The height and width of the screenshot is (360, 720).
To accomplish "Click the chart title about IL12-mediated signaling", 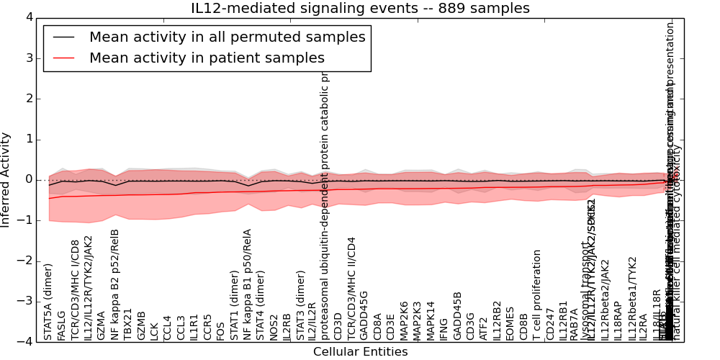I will tap(360, 9).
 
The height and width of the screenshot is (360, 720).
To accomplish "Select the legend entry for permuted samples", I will tap(227, 37).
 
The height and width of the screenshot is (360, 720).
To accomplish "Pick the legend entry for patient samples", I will tap(207, 58).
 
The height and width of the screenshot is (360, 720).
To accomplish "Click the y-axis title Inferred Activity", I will tap(6, 179).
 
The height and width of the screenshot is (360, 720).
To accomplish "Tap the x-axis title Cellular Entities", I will tap(360, 352).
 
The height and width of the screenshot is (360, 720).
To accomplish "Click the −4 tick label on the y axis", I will tap(24, 341).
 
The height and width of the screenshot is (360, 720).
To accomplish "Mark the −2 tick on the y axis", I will tap(24, 261).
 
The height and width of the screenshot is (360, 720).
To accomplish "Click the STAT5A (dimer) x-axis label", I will tap(48, 302).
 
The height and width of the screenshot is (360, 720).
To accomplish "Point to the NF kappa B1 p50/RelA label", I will tap(248, 284).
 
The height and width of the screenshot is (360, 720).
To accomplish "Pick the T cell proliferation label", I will tap(537, 294).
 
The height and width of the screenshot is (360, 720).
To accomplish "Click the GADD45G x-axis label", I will tap(364, 315).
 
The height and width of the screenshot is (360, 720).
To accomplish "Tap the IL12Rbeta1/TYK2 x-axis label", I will tap(633, 298).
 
